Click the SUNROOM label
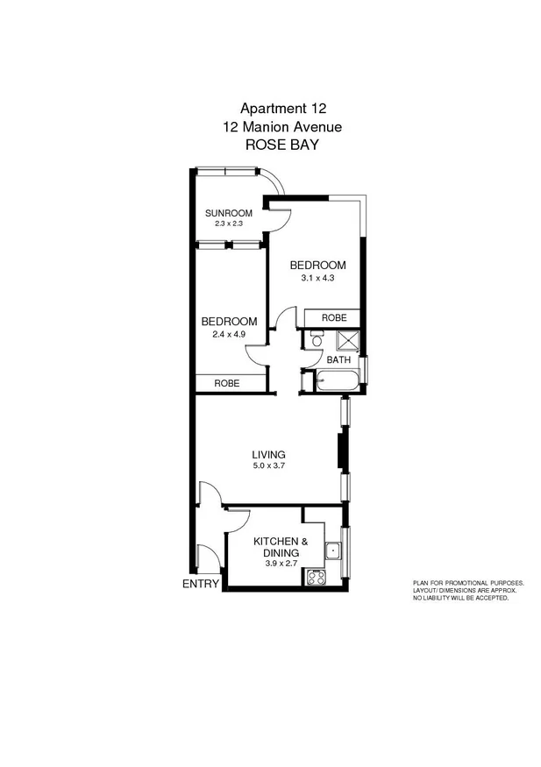click(229, 213)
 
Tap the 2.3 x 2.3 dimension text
click(228, 224)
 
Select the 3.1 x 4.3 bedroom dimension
click(318, 278)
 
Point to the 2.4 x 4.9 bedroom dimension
click(228, 333)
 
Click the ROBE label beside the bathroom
click(333, 317)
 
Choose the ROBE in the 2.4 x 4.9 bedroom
click(228, 383)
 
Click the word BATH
click(338, 360)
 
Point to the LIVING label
click(269, 454)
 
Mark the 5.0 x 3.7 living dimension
click(269, 466)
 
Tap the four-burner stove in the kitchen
click(315, 577)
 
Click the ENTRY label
click(200, 584)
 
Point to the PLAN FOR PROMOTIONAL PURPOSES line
click(468, 583)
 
